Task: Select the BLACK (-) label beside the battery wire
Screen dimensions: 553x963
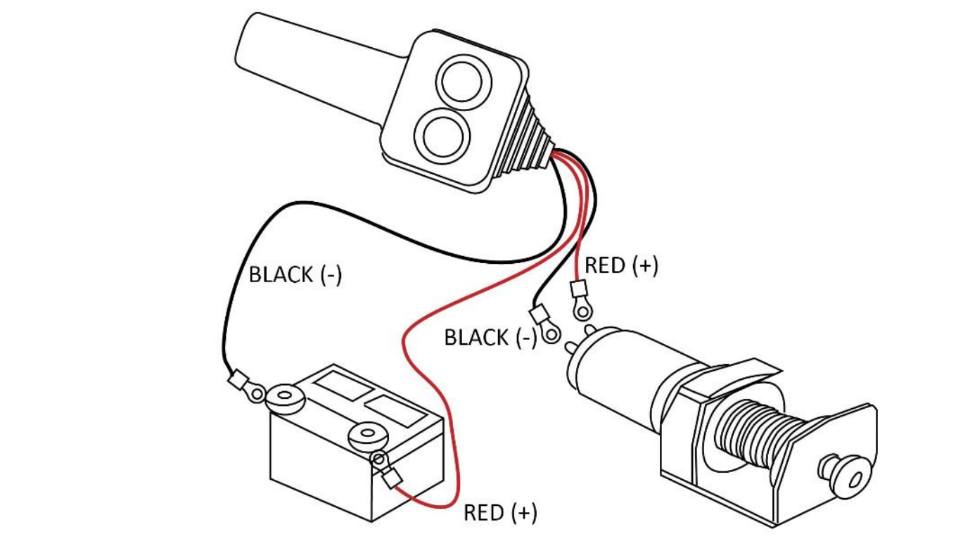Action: (x=295, y=274)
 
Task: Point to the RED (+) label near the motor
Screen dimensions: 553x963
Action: (x=621, y=265)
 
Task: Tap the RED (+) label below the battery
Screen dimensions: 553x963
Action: (x=500, y=513)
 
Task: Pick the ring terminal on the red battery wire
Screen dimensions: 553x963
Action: (x=380, y=460)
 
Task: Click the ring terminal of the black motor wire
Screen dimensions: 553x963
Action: (x=551, y=331)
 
